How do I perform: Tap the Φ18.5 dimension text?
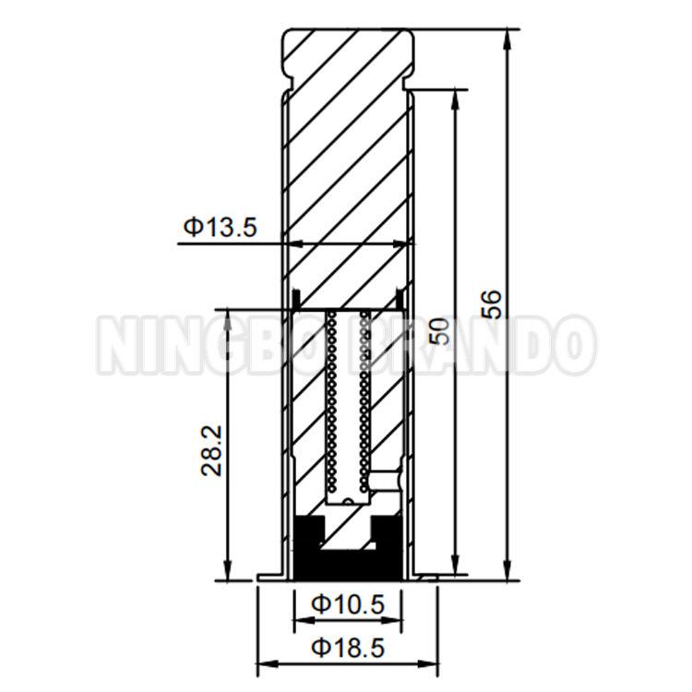coord(347,647)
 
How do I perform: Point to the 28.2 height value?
coord(210,449)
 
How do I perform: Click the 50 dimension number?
coord(442,329)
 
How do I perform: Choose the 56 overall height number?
coord(493,304)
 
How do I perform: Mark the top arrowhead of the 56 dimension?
coord(507,36)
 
